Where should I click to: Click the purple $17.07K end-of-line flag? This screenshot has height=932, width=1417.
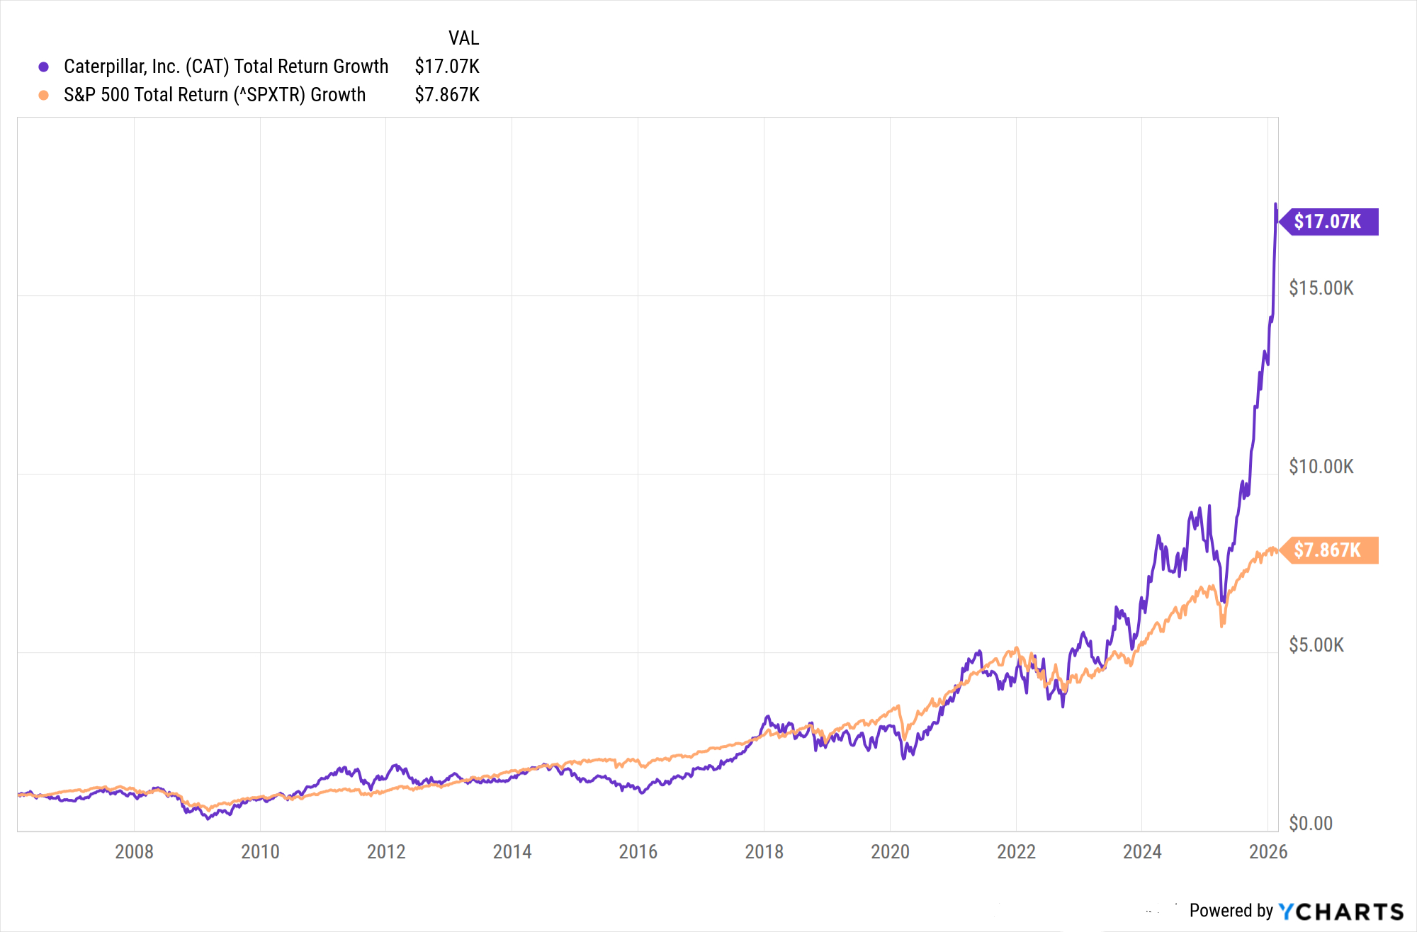tap(1328, 222)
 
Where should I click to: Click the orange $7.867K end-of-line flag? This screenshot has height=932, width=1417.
tap(1328, 550)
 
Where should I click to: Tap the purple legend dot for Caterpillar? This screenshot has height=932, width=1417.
tap(43, 67)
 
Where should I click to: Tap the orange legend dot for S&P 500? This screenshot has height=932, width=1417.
tap(43, 95)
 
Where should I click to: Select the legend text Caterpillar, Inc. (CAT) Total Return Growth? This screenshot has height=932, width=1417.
tap(226, 67)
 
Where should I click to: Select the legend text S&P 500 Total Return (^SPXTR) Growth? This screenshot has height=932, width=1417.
tap(215, 95)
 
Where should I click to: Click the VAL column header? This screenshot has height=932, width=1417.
tap(463, 38)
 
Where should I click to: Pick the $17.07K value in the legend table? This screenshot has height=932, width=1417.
tap(447, 67)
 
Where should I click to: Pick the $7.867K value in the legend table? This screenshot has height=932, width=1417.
tap(447, 95)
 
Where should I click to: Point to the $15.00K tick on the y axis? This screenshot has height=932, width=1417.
tap(1321, 288)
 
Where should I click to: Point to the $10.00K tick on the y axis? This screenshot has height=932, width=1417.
tap(1321, 467)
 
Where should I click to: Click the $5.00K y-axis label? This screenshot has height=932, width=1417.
tap(1316, 645)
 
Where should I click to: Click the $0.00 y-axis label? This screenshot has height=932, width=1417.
tap(1311, 824)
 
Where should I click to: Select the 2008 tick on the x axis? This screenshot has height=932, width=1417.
tap(134, 851)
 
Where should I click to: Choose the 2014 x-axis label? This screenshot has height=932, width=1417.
tap(512, 851)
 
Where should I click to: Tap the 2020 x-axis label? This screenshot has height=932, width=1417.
tap(890, 851)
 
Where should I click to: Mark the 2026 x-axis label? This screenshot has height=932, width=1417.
tap(1268, 851)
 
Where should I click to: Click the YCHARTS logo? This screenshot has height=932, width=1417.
tap(1341, 911)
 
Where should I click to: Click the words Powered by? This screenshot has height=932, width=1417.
tap(1231, 911)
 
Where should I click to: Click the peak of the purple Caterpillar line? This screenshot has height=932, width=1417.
tap(1276, 205)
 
